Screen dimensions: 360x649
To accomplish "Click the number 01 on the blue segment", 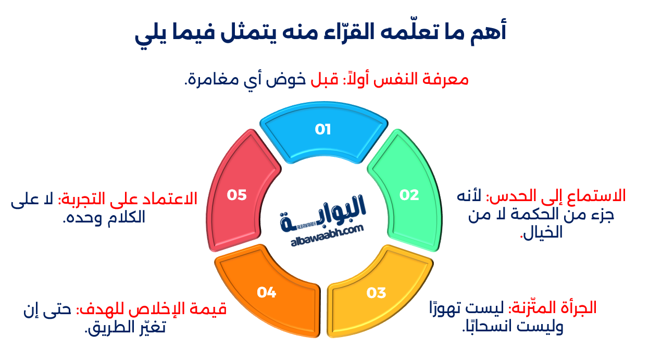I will [x=323, y=129].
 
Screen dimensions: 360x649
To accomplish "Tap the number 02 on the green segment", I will [x=409, y=195].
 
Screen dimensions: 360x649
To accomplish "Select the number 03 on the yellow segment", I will [x=376, y=293].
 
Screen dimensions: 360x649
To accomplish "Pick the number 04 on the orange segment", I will [x=266, y=293].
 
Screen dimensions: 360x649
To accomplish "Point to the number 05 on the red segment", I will [x=236, y=195].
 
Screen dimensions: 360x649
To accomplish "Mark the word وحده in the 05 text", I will [x=78, y=218].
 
